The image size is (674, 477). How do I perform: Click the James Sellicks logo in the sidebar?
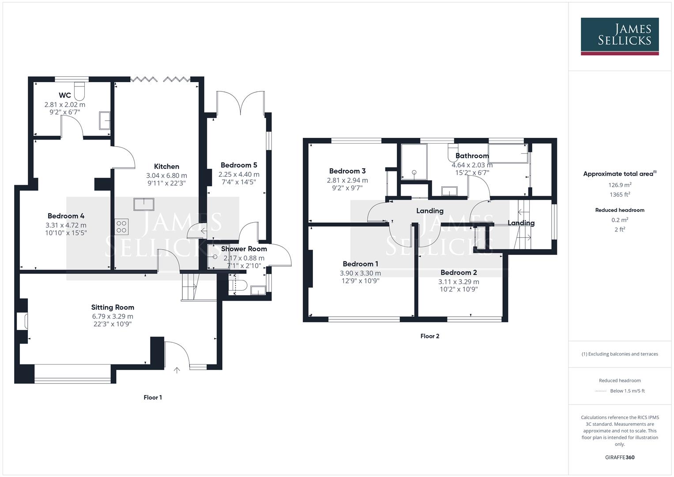(x=619, y=36)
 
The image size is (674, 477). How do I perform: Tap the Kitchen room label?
(x=166, y=167)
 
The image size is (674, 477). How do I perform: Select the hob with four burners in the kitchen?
(x=121, y=226)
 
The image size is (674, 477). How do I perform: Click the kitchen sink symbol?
(x=144, y=204)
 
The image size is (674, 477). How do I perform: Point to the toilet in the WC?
(x=79, y=90)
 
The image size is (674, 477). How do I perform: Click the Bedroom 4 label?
(x=66, y=216)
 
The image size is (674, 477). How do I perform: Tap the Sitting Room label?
(x=113, y=307)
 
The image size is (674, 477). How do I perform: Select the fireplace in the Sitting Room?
(x=22, y=321)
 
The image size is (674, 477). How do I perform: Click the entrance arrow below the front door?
(x=177, y=370)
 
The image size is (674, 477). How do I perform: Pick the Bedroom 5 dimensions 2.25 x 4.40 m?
(x=239, y=174)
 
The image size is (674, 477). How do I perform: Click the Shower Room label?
(x=244, y=249)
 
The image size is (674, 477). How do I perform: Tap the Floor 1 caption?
(x=153, y=397)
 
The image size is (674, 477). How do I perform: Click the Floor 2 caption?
(x=429, y=336)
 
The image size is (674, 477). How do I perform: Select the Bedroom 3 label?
(x=347, y=171)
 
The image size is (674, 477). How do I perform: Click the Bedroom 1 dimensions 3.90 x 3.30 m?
(x=360, y=273)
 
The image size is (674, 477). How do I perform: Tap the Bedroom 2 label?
(x=459, y=273)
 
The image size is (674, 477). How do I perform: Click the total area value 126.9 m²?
(x=620, y=185)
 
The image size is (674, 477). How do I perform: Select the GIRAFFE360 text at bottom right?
(x=620, y=457)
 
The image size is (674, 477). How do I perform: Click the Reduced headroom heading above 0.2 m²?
(x=620, y=210)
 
